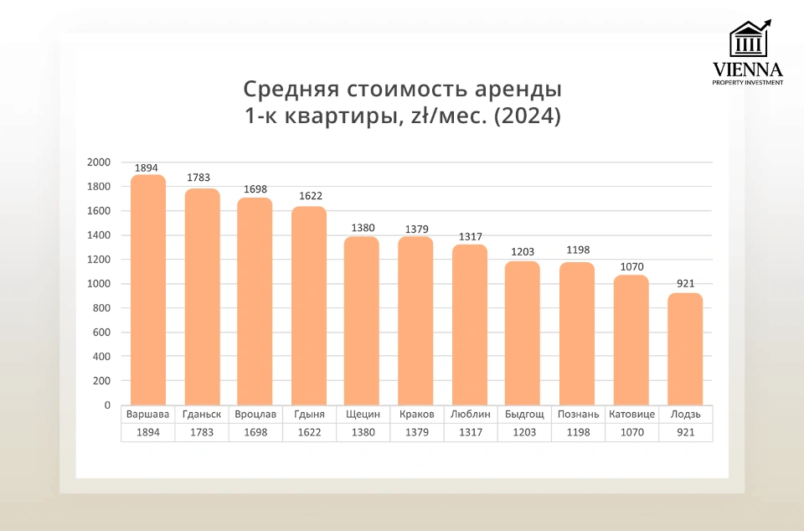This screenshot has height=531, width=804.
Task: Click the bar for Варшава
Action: tap(148, 290)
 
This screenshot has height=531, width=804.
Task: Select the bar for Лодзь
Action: tap(685, 348)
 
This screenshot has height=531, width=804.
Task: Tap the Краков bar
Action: tap(416, 321)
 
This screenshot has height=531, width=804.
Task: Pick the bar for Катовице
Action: tap(631, 339)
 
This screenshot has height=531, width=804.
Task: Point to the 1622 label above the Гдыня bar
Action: tap(310, 196)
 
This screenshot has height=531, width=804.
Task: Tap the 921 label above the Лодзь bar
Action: tap(686, 283)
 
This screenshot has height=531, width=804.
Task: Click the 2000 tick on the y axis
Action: tap(100, 162)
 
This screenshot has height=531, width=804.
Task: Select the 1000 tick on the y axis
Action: tap(100, 284)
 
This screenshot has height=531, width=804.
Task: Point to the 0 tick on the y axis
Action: tap(107, 405)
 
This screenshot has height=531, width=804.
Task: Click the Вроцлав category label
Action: tap(255, 415)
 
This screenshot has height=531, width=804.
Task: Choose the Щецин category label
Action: tap(363, 415)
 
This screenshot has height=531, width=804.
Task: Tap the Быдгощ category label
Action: tap(524, 415)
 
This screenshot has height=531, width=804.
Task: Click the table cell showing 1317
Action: tap(470, 433)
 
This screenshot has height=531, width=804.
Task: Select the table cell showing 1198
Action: tap(578, 433)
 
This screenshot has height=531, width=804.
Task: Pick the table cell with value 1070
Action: tap(631, 433)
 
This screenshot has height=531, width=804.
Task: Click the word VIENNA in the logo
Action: tap(747, 69)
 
